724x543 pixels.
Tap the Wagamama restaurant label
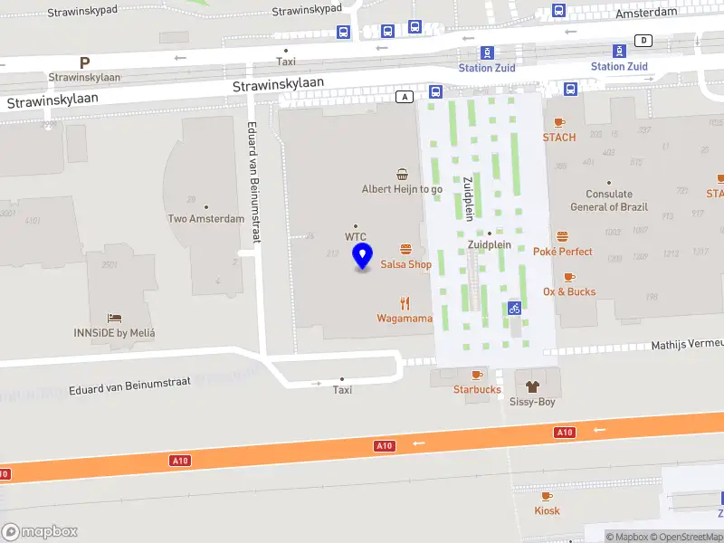pos(405,319)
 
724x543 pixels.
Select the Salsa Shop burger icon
pos(405,249)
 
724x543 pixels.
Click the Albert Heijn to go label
pos(402,189)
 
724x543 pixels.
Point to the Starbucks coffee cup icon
pos(477,375)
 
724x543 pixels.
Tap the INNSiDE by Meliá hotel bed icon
pos(115,318)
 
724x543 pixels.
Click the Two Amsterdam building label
pos(206,219)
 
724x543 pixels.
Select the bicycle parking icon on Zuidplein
pos(514,308)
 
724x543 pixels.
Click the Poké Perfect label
pos(563,252)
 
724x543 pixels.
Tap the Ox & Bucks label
pos(569,291)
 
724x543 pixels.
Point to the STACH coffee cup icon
pos(559,122)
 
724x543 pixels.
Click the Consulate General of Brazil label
pos(609,200)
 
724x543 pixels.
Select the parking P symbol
pos(84,63)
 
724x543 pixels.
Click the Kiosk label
pos(547,510)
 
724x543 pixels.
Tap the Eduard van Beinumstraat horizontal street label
pos(130,386)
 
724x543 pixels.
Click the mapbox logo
pos(40,532)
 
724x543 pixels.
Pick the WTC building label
pos(355,236)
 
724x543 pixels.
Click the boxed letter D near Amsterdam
pos(643,40)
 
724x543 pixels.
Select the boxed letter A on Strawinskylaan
pos(406,96)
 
